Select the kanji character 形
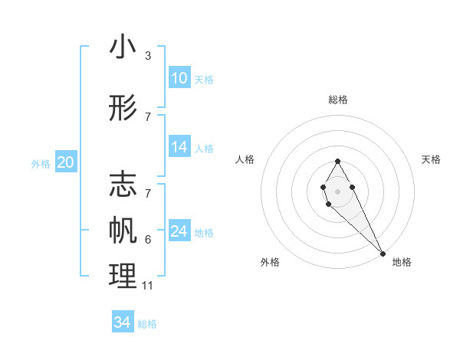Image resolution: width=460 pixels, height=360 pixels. pyautogui.click(x=123, y=109)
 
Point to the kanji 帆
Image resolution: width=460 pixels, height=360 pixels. pyautogui.click(x=123, y=231)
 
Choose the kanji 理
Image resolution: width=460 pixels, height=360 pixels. pyautogui.click(x=123, y=277)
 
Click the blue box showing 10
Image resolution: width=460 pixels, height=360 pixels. pyautogui.click(x=179, y=78)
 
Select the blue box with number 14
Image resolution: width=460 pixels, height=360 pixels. pyautogui.click(x=179, y=147)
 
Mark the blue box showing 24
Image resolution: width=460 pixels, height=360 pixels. pyautogui.click(x=179, y=231)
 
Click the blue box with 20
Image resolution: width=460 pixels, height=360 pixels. pyautogui.click(x=66, y=162)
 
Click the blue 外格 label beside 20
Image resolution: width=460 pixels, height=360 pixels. pyautogui.click(x=41, y=163)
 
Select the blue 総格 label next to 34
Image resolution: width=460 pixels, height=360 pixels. pyautogui.click(x=147, y=324)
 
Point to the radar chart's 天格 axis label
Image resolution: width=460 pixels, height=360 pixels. pyautogui.click(x=431, y=159)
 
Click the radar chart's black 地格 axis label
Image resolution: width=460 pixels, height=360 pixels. pyautogui.click(x=402, y=262)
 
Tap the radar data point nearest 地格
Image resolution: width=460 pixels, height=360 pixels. pyautogui.click(x=382, y=253)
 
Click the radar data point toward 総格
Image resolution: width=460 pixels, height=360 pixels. pyautogui.click(x=337, y=161)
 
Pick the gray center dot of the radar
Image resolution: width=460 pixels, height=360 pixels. pyautogui.click(x=337, y=191)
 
